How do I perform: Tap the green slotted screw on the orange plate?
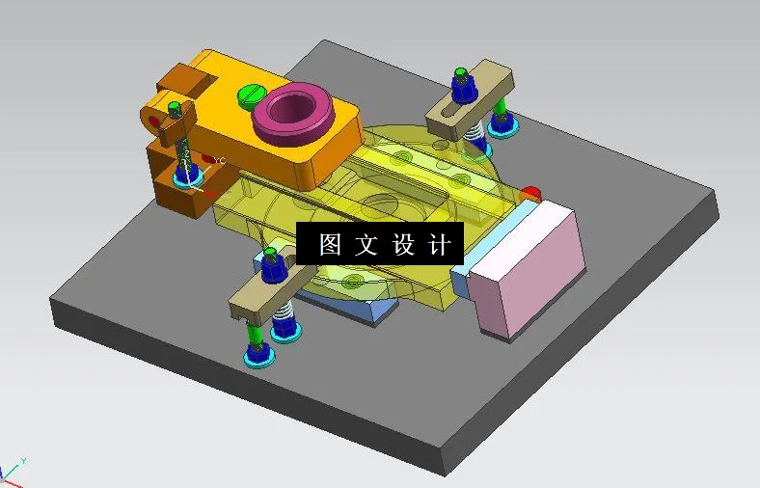[249, 95]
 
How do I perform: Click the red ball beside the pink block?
[530, 193]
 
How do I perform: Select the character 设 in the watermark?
[403, 244]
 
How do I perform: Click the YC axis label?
[219, 161]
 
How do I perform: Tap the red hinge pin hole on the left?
[154, 122]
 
